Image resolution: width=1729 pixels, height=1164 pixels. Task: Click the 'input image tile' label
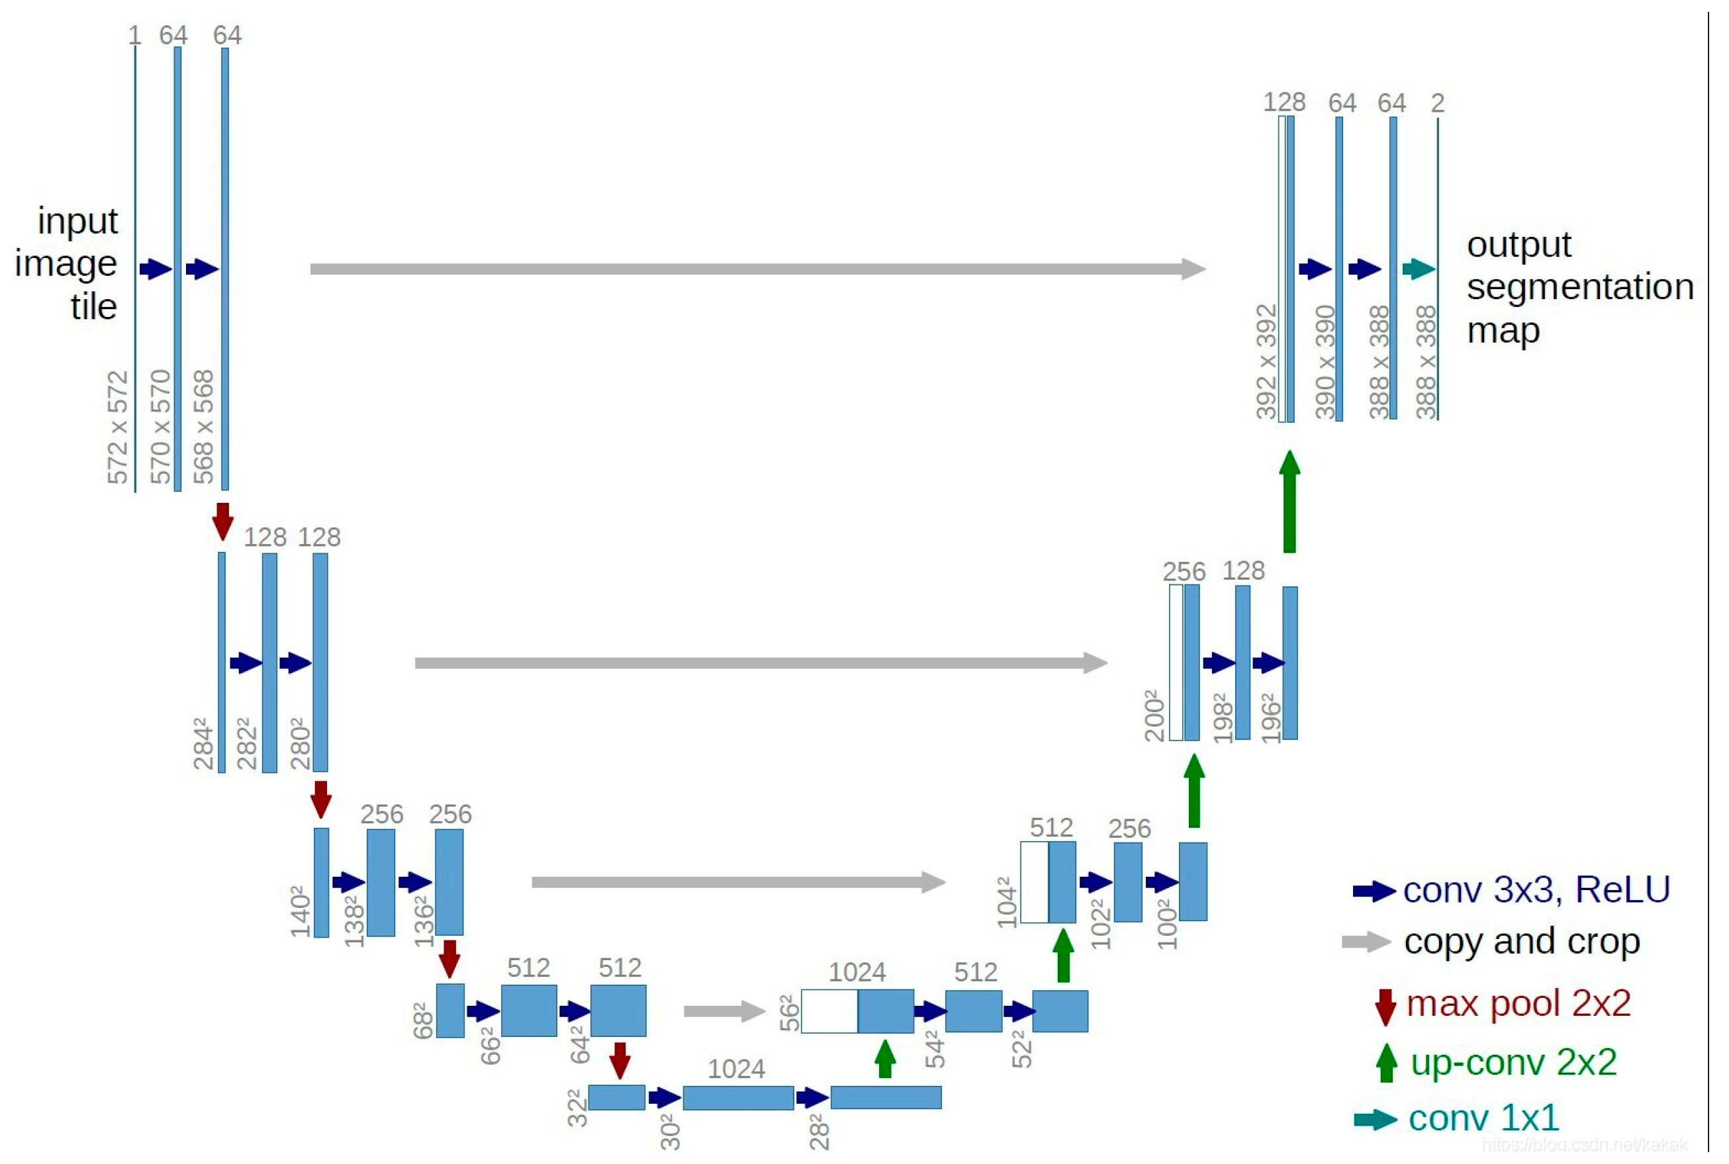[x=71, y=263]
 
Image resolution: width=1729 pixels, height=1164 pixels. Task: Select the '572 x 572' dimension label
[x=117, y=428]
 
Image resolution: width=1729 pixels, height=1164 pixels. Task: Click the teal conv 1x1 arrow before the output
[x=1418, y=269]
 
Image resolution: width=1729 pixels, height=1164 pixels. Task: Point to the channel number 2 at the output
[x=1438, y=103]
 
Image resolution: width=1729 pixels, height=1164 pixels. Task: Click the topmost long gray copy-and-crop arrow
[x=757, y=269]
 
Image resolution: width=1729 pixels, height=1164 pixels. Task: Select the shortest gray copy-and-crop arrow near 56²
[x=724, y=1011]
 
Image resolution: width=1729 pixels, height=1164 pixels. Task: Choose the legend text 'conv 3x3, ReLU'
[x=1537, y=890]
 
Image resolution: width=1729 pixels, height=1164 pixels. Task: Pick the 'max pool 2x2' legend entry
[x=1518, y=1004]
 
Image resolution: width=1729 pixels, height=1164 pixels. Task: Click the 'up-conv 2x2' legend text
[x=1513, y=1062]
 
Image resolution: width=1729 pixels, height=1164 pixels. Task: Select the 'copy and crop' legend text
[x=1522, y=942]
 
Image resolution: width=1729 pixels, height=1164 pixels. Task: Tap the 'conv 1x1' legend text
[x=1483, y=1118]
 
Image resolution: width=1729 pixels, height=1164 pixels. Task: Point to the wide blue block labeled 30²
[x=738, y=1098]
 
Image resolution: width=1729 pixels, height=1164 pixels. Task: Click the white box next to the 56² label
[x=829, y=1011]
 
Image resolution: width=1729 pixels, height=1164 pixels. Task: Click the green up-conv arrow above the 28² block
[x=885, y=1059]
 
